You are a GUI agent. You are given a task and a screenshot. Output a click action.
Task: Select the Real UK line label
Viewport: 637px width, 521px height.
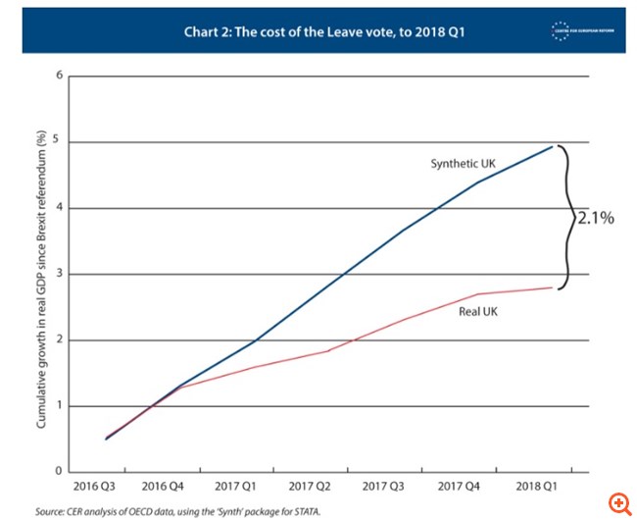[x=478, y=313]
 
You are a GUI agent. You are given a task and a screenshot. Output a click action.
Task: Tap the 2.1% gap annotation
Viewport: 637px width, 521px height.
[x=594, y=219]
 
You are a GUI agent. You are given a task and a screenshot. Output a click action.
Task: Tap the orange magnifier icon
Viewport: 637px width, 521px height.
[x=618, y=502]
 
